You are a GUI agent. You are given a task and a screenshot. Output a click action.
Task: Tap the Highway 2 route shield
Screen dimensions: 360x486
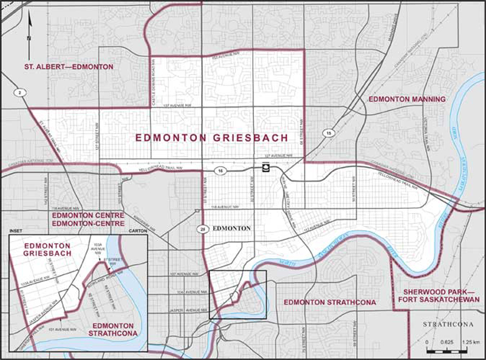click(21, 92)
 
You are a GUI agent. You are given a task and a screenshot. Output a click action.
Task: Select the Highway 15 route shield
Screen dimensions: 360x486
click(329, 133)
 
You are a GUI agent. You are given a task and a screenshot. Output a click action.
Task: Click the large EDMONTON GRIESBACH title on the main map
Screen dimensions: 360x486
click(211, 138)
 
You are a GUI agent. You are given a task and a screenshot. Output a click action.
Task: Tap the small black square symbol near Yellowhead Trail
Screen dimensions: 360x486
click(265, 168)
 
